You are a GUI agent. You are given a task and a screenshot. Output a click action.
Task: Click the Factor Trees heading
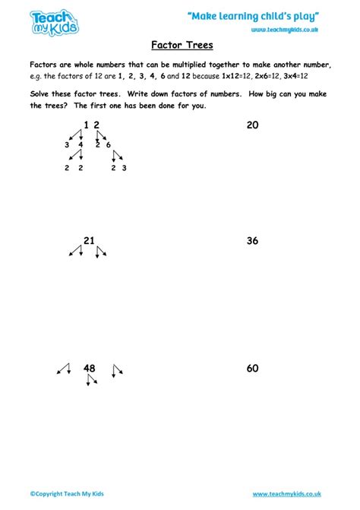click(179, 44)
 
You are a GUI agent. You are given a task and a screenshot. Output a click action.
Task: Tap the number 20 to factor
click(253, 125)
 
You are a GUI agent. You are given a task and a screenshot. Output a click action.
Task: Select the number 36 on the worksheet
click(253, 241)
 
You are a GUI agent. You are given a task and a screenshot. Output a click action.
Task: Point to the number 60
click(253, 369)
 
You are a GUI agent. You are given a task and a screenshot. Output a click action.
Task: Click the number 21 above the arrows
click(89, 241)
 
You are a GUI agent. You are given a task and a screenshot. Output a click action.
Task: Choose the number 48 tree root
click(90, 369)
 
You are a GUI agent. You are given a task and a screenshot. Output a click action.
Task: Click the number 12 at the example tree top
click(91, 125)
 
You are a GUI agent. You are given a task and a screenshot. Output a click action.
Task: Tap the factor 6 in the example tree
click(109, 144)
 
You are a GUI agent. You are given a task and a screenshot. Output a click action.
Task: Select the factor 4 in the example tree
click(80, 144)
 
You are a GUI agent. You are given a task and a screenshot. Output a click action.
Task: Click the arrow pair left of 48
click(63, 369)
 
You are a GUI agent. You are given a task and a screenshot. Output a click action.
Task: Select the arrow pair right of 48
click(117, 370)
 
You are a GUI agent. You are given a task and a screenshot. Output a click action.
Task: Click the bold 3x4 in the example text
click(292, 77)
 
